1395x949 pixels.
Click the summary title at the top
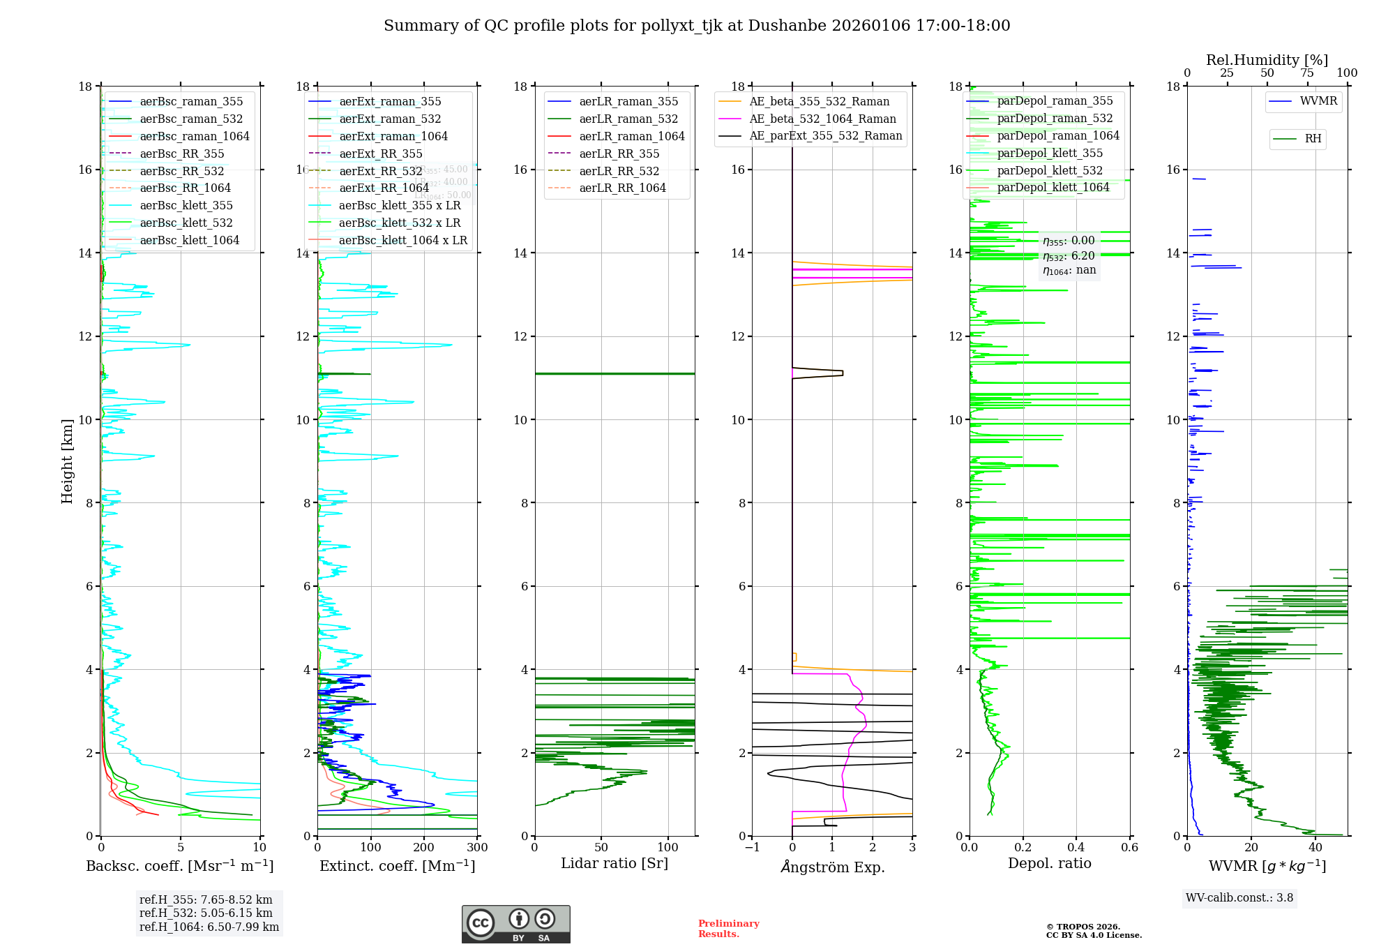click(697, 26)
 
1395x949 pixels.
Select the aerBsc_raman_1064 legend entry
click(194, 136)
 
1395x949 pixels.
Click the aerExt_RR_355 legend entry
click(380, 154)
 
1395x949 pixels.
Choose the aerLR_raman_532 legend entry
click(628, 119)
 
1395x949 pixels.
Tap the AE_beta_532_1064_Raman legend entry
click(822, 119)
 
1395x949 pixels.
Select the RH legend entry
click(1313, 139)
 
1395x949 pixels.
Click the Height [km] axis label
click(67, 461)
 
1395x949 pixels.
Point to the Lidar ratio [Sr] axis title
click(614, 863)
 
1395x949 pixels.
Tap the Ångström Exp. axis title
click(832, 867)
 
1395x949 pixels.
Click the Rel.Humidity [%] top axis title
click(1267, 60)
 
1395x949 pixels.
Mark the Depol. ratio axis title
click(1049, 863)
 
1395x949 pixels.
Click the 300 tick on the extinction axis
click(477, 848)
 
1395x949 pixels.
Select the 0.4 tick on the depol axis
click(1076, 848)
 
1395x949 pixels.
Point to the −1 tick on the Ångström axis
click(752, 848)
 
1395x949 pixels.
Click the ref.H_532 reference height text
click(206, 913)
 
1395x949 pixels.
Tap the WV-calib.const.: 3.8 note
click(1239, 898)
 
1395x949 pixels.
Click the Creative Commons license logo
click(515, 924)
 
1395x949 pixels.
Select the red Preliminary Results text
click(728, 929)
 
